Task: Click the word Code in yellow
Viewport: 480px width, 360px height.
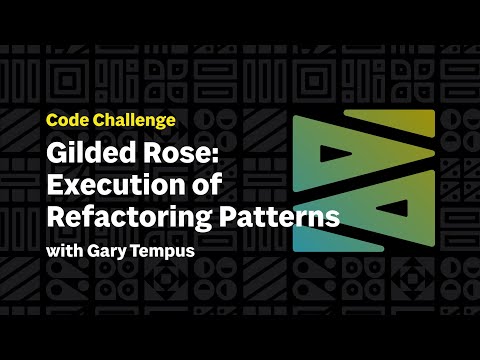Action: pyautogui.click(x=67, y=120)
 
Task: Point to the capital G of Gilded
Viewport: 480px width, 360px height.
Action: pyautogui.click(x=55, y=156)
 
